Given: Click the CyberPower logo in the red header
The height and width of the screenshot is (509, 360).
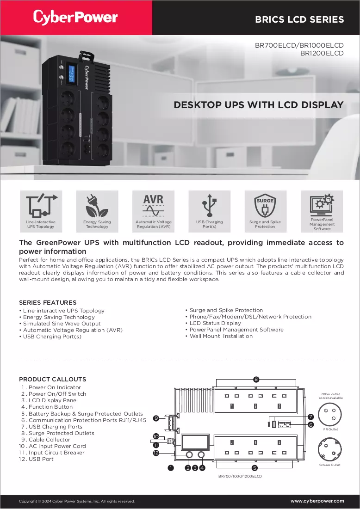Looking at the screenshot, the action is [x=75, y=18].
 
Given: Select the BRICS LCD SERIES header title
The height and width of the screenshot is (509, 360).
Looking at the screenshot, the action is [x=299, y=19].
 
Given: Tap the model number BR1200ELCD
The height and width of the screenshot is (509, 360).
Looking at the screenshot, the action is [x=322, y=53].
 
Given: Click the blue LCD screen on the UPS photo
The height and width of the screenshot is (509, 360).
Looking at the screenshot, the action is [x=71, y=74].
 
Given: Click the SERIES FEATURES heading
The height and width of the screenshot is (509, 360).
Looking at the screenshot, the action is [x=48, y=302].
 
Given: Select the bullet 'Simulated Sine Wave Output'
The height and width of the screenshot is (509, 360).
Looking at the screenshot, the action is [x=62, y=324].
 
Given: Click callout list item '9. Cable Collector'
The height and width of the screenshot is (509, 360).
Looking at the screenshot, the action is [x=45, y=440].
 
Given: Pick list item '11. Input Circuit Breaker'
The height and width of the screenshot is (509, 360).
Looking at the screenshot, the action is [x=52, y=453].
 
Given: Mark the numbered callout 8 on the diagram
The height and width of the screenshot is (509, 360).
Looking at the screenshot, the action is [x=256, y=379].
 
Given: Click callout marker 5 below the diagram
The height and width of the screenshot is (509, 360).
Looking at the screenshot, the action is [x=254, y=468].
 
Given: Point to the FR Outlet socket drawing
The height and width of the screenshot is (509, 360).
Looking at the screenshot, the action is [x=329, y=415].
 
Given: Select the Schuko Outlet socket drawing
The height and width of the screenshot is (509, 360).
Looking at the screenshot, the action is [x=329, y=450].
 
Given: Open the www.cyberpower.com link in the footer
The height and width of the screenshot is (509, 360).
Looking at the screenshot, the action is [x=317, y=501].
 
